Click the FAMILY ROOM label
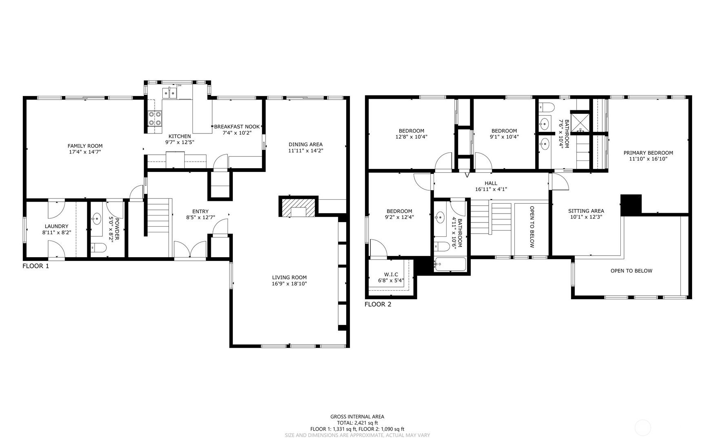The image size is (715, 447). (85, 146)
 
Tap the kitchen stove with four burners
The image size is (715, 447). (155, 118)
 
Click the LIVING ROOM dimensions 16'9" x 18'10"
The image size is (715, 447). (289, 283)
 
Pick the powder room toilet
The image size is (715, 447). (98, 247)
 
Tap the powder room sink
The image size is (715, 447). (97, 219)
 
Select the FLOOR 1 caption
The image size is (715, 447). (35, 266)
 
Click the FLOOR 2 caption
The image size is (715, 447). (378, 304)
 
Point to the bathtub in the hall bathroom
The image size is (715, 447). (450, 264)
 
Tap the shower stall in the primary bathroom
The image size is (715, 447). (580, 122)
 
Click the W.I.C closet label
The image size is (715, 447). (391, 274)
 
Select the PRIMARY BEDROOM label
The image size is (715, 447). (648, 153)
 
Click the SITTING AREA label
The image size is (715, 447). (586, 211)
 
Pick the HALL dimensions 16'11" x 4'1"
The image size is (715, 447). (491, 189)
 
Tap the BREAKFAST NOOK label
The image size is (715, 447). (237, 127)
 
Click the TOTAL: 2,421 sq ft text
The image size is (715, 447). (357, 423)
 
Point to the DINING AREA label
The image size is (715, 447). (305, 144)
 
